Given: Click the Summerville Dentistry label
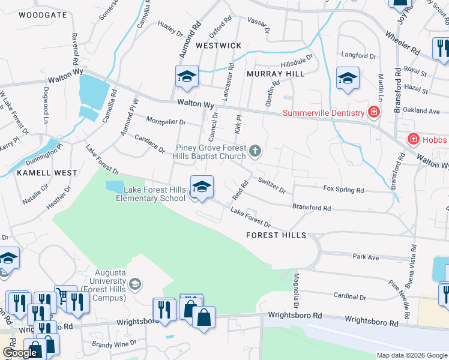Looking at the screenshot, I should click(324, 113).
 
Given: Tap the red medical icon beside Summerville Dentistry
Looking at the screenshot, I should click(374, 112).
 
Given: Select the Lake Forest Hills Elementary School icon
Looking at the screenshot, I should click(202, 186).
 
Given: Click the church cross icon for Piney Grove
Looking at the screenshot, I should click(255, 150).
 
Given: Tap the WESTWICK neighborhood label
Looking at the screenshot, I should click(218, 46).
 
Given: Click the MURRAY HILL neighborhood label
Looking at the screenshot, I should click(276, 73).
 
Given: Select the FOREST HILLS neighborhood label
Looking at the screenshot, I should click(276, 235).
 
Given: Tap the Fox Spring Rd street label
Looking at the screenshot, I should click(343, 190).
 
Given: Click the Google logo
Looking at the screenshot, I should click(21, 353).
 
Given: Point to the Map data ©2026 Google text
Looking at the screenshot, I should click(412, 355).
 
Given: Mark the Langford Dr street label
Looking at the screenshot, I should click(358, 55).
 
